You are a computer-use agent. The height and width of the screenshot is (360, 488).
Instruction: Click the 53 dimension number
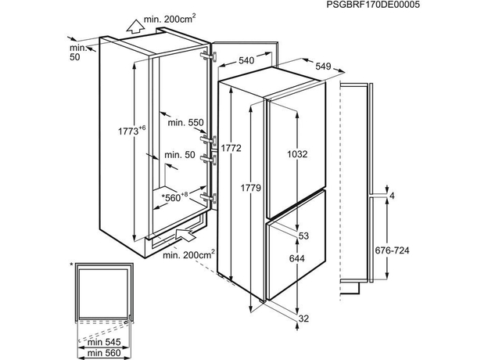pos(303,236)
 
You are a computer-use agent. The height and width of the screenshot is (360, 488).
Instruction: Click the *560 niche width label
pos(174,196)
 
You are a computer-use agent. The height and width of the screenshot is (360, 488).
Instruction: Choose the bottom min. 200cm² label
pos(188,255)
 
